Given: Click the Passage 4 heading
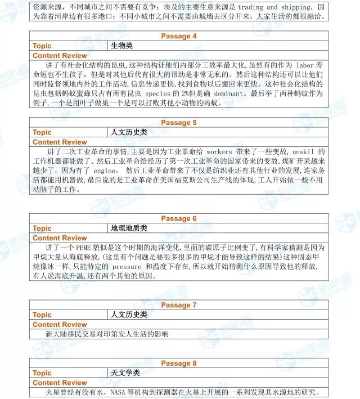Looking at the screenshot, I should (179, 36).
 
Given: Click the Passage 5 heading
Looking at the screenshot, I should (179, 123).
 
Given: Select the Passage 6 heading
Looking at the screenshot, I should (179, 218).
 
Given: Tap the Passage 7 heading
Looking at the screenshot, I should (179, 305).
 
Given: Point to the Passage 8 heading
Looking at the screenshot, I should (179, 363).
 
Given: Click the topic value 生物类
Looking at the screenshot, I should (122, 46).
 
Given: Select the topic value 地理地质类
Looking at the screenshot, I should (129, 228).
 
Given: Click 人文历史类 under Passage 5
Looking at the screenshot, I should (129, 132).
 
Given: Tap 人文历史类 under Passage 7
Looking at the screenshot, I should (129, 315).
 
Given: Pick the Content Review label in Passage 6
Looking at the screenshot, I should (60, 237).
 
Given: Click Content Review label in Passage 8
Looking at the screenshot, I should (60, 382).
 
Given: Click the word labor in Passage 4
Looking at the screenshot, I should (304, 65).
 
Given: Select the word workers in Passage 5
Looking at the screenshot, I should (220, 151).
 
